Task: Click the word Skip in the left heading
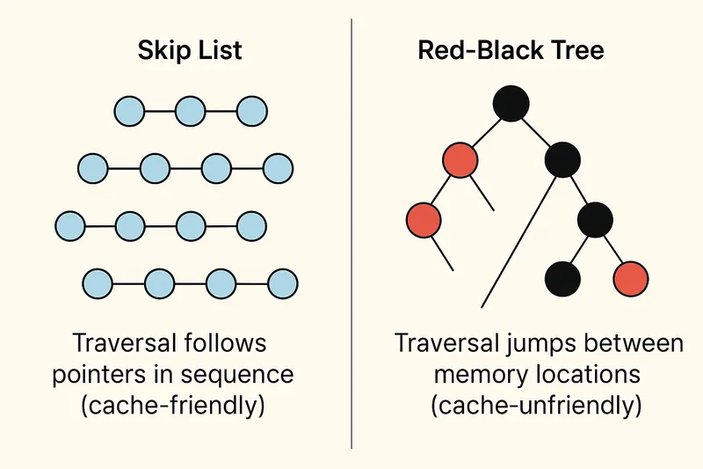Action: (162, 51)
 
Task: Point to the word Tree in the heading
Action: (576, 51)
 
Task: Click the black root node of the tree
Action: (511, 103)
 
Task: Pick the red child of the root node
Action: (460, 160)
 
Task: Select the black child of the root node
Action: (562, 160)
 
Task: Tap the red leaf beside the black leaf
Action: (631, 279)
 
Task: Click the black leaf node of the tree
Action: (563, 279)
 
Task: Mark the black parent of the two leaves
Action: (595, 218)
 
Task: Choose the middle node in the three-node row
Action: (191, 112)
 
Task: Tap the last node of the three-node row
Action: (252, 112)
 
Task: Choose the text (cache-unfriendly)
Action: (538, 407)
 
